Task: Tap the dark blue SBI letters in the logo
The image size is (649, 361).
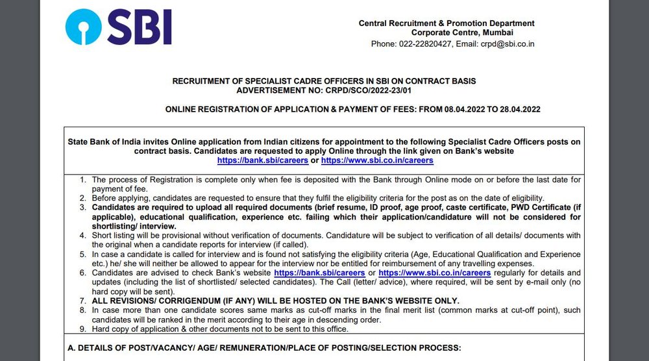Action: click(x=138, y=27)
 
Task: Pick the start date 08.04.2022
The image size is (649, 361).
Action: click(x=458, y=109)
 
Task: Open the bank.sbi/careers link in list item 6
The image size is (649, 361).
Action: click(x=306, y=273)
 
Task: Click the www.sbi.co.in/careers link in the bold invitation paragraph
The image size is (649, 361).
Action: click(x=377, y=160)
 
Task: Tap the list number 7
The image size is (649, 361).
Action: click(x=82, y=301)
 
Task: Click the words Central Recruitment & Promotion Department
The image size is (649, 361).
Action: click(x=447, y=23)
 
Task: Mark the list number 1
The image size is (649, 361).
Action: click(x=82, y=179)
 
